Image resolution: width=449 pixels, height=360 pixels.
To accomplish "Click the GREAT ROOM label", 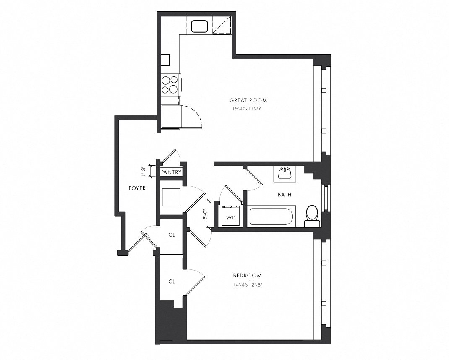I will (x=248, y=100).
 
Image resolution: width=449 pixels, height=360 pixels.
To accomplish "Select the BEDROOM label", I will (x=247, y=276).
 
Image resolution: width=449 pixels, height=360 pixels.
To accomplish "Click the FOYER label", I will (x=137, y=188).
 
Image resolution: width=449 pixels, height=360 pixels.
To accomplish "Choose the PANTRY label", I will (x=171, y=172).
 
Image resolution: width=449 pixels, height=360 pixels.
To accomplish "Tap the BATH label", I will (x=284, y=195).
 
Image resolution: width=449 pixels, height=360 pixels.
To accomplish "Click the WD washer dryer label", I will (x=230, y=218).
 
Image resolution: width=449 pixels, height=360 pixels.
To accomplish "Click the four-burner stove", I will (x=170, y=85).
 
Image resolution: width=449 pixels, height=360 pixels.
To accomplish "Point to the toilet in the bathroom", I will (x=312, y=214).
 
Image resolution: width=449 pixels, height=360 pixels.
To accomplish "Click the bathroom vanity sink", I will (x=285, y=173).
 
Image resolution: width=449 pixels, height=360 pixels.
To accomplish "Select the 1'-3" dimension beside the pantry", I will (x=143, y=171).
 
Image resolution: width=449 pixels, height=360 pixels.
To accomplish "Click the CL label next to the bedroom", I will (x=171, y=282).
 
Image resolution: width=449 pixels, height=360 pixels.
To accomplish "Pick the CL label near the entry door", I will (x=171, y=235).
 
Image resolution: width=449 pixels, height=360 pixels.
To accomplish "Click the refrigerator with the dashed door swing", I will (x=171, y=116).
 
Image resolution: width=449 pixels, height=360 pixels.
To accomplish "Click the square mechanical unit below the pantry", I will (x=171, y=197).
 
